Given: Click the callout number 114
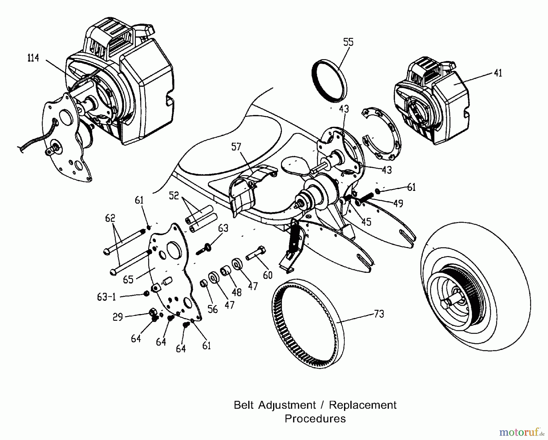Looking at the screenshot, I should pyautogui.click(x=33, y=58).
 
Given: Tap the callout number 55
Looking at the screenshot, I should pyautogui.click(x=348, y=42).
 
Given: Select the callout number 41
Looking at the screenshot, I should pyautogui.click(x=498, y=73).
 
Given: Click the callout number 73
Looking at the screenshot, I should pyautogui.click(x=379, y=314).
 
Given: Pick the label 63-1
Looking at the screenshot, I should pyautogui.click(x=107, y=297).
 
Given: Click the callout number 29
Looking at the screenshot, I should pyautogui.click(x=118, y=317).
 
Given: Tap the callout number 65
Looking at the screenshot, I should pyautogui.click(x=128, y=279).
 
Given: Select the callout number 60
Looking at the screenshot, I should pyautogui.click(x=268, y=275).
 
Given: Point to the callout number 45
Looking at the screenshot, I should pyautogui.click(x=366, y=222).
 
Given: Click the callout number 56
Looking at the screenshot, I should pyautogui.click(x=213, y=309).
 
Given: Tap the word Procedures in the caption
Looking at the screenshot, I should pyautogui.click(x=315, y=419).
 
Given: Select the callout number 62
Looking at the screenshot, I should pyautogui.click(x=110, y=218).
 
